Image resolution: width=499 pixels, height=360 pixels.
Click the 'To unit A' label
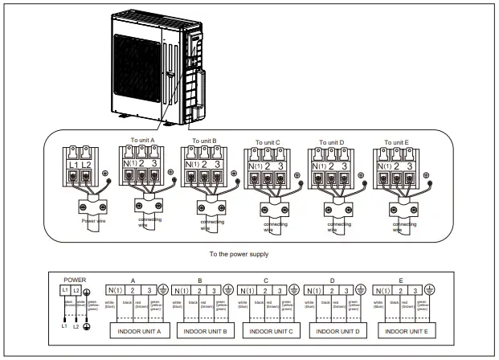tap(141, 139)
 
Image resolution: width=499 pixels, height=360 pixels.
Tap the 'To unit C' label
tap(268, 142)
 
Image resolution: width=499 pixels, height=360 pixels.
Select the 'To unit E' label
tap(395, 141)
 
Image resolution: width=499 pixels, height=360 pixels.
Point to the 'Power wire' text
tap(94, 219)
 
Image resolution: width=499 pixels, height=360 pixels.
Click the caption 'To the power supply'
tap(239, 254)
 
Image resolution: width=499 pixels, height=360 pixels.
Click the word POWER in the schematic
tap(74, 280)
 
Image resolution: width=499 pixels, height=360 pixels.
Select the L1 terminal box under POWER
tap(65, 290)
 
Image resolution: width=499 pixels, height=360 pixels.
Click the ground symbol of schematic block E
tap(428, 289)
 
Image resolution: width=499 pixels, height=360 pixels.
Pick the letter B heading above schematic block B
tap(198, 280)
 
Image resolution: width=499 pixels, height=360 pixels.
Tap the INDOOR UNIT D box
tap(336, 331)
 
